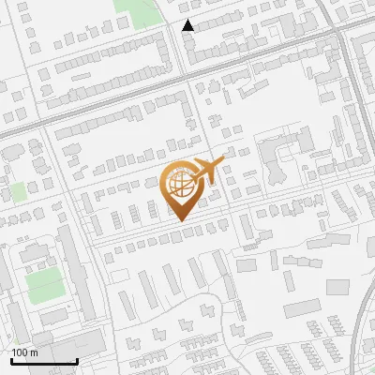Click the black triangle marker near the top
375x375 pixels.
click(188, 26)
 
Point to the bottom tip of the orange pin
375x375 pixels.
click(181, 221)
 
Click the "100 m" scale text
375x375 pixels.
click(24, 352)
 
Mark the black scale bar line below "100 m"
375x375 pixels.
click(43, 361)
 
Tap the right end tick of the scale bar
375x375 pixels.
click(77, 359)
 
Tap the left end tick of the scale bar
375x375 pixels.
click(10, 359)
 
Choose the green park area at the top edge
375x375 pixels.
click(137, 11)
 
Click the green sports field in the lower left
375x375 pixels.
click(44, 284)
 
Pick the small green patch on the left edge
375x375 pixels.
click(17, 192)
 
